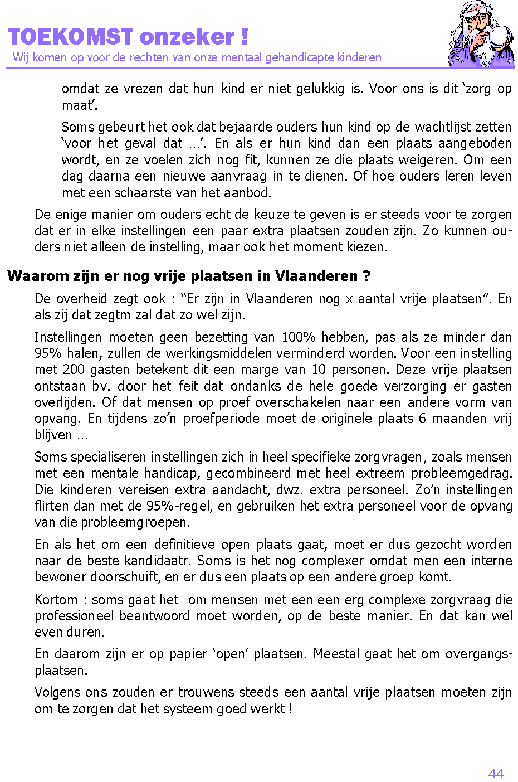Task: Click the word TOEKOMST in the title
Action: pyautogui.click(x=71, y=37)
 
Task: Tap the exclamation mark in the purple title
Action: pyautogui.click(x=245, y=37)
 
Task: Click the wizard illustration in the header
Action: pyautogui.click(x=481, y=35)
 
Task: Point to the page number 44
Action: pyautogui.click(x=496, y=773)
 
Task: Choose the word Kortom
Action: pyautogui.click(x=56, y=600)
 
